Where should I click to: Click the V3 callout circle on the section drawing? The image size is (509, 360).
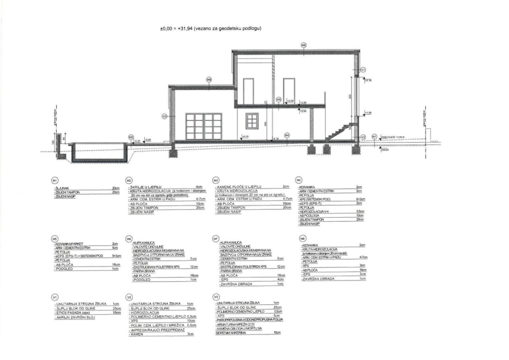click(x=164, y=116)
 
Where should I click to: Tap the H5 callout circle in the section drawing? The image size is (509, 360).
click(x=279, y=100)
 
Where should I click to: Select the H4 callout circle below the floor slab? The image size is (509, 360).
click(x=287, y=135)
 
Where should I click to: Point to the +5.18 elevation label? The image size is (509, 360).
click(x=368, y=80)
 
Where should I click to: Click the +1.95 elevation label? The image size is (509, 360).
click(x=368, y=113)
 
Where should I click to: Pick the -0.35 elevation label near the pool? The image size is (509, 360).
click(x=137, y=141)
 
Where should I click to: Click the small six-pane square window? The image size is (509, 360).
click(x=252, y=120)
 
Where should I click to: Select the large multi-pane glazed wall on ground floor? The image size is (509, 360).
click(x=203, y=126)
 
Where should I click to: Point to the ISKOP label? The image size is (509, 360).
click(x=385, y=150)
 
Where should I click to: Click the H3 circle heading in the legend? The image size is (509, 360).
click(x=216, y=180)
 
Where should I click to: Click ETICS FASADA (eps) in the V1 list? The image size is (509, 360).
click(x=73, y=313)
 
